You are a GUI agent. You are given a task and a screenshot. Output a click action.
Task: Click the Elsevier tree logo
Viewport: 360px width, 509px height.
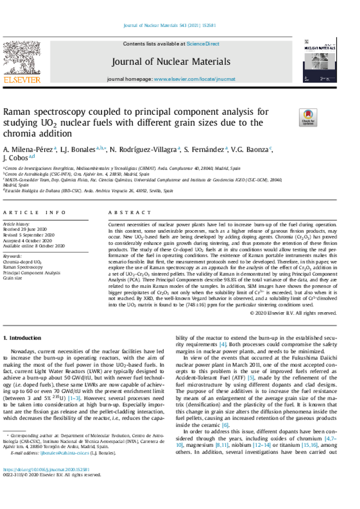coord(21,59)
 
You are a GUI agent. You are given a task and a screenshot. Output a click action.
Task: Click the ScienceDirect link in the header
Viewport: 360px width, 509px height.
coord(202,44)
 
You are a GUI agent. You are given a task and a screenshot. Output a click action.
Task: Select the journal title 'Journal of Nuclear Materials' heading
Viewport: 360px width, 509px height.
coord(171,62)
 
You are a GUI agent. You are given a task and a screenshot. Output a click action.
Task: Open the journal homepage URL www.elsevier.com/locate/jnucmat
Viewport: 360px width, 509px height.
coord(194,79)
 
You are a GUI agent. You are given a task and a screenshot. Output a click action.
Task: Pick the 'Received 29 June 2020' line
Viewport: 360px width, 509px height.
coord(25,230)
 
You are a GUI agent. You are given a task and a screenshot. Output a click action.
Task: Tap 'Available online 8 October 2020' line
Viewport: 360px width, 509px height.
coord(34,246)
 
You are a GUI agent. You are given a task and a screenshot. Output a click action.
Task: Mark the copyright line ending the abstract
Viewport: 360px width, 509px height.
coord(293,313)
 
